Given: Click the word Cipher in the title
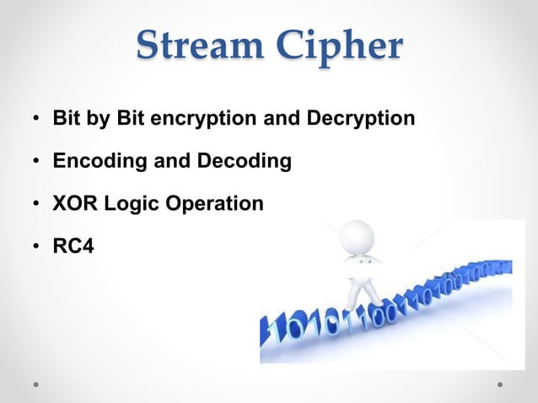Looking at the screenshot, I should coord(342,46).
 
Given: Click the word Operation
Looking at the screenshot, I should coord(210,204).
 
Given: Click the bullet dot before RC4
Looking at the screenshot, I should coord(37,248).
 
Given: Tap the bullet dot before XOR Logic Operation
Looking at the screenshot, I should coord(37,205).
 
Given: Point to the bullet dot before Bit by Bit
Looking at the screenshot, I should coord(37,119).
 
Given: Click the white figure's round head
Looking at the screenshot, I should coord(359,239).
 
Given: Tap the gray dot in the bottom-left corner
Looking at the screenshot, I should coord(37,384).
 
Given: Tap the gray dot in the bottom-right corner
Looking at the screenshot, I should coord(500,384).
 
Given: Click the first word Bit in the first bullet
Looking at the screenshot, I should coord(66,118).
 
